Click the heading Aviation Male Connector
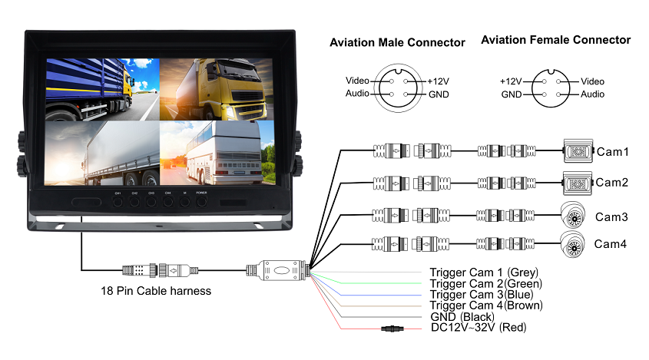point(397,42)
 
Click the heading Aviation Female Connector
point(555,40)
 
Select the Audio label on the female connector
point(592,94)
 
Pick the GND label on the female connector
point(512,94)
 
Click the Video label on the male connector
point(358,81)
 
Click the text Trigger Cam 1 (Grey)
point(484,272)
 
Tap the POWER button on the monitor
point(201,203)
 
